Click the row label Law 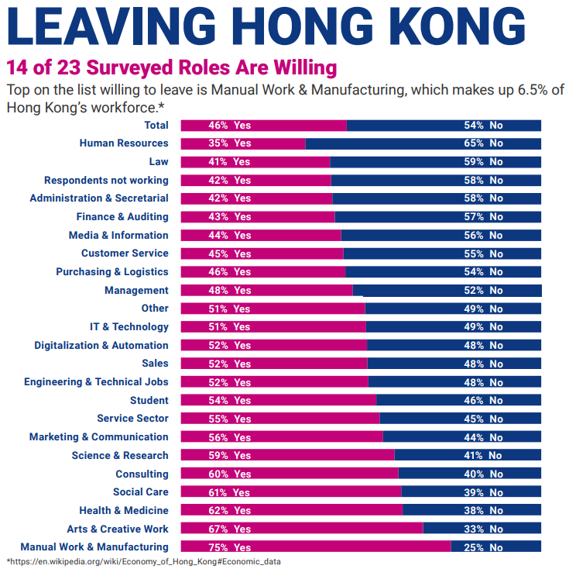158,161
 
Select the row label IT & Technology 129,326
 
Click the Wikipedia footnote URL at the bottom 143,561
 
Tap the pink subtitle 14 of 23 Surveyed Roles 171,67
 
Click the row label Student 149,400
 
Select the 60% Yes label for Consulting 229,474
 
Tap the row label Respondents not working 106,180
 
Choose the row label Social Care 140,491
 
